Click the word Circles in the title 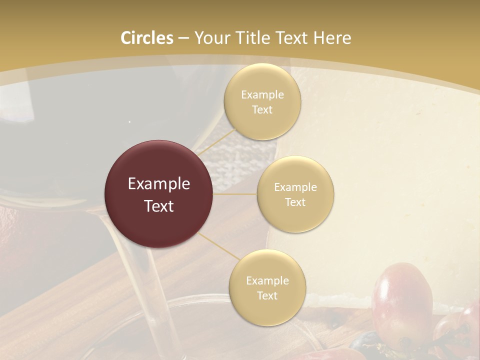[146, 38]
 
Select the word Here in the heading [332, 38]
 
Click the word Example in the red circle [159, 184]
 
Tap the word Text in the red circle [159, 206]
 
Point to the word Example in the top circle [262, 95]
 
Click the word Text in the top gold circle [262, 110]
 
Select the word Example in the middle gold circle [295, 187]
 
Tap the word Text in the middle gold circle [295, 202]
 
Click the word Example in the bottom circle [267, 281]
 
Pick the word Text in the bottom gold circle [267, 295]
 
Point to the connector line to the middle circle [235, 194]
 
